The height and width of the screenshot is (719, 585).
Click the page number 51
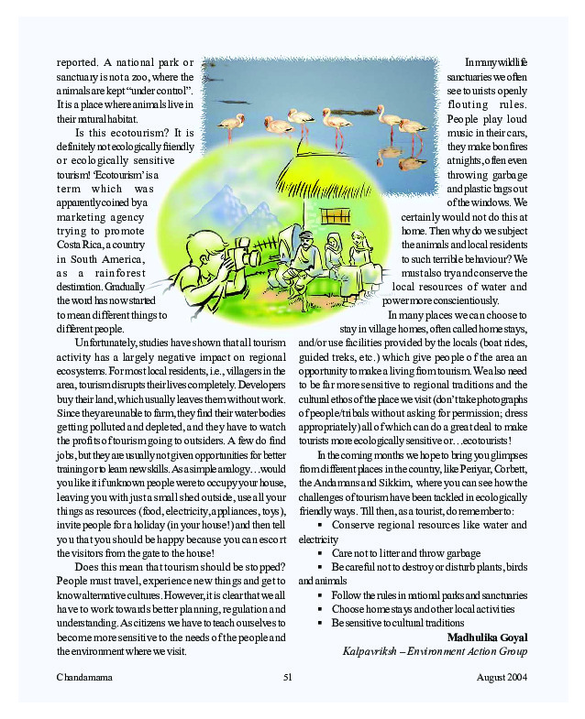tap(287, 677)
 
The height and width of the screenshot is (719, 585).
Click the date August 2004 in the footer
tap(502, 677)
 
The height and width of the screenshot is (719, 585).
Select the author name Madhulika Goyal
tap(487, 637)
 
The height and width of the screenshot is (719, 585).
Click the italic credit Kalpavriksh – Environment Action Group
tap(435, 651)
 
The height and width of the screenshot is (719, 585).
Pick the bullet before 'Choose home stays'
tap(320, 609)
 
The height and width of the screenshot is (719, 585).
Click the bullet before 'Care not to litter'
tap(320, 554)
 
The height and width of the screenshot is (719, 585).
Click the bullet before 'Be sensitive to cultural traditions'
tap(320, 623)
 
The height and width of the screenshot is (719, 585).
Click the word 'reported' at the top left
tap(77, 61)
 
